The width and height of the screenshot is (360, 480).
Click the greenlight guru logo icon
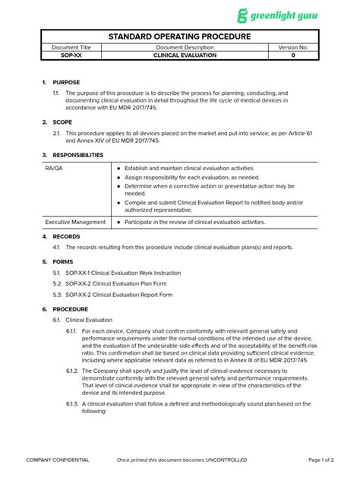[242, 15]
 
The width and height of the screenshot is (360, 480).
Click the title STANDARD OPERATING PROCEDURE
[179, 36]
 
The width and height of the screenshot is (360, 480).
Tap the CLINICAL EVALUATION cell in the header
[185, 55]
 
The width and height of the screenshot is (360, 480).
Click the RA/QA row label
[54, 168]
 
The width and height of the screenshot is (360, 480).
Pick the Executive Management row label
[74, 222]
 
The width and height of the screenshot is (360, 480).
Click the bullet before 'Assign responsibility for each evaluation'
[119, 177]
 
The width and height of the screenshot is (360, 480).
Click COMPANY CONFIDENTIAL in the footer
[58, 460]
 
